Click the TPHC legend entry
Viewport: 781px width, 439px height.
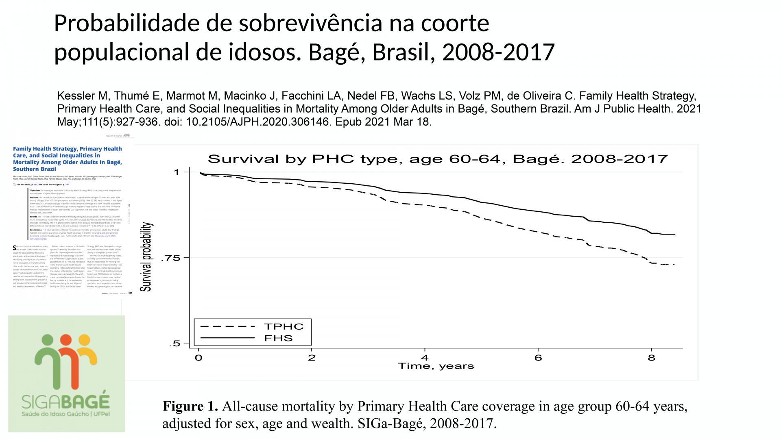[x=284, y=326]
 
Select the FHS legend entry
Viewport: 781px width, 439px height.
[x=278, y=338]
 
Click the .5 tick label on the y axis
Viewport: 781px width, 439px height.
[x=174, y=344]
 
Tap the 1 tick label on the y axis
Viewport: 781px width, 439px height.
[x=176, y=172]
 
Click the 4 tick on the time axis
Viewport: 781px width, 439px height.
[x=425, y=358]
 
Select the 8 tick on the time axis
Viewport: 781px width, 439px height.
[x=651, y=358]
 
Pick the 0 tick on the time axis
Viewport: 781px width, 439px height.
[x=199, y=358]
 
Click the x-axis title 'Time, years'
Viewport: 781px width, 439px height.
[x=436, y=366]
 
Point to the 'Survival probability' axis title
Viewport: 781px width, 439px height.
[x=146, y=257]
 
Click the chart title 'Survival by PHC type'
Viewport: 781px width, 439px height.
[x=438, y=159]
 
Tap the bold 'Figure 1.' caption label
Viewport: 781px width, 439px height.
[x=190, y=406]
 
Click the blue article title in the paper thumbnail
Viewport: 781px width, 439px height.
[x=68, y=159]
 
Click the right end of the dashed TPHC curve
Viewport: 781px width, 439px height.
[x=674, y=265]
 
